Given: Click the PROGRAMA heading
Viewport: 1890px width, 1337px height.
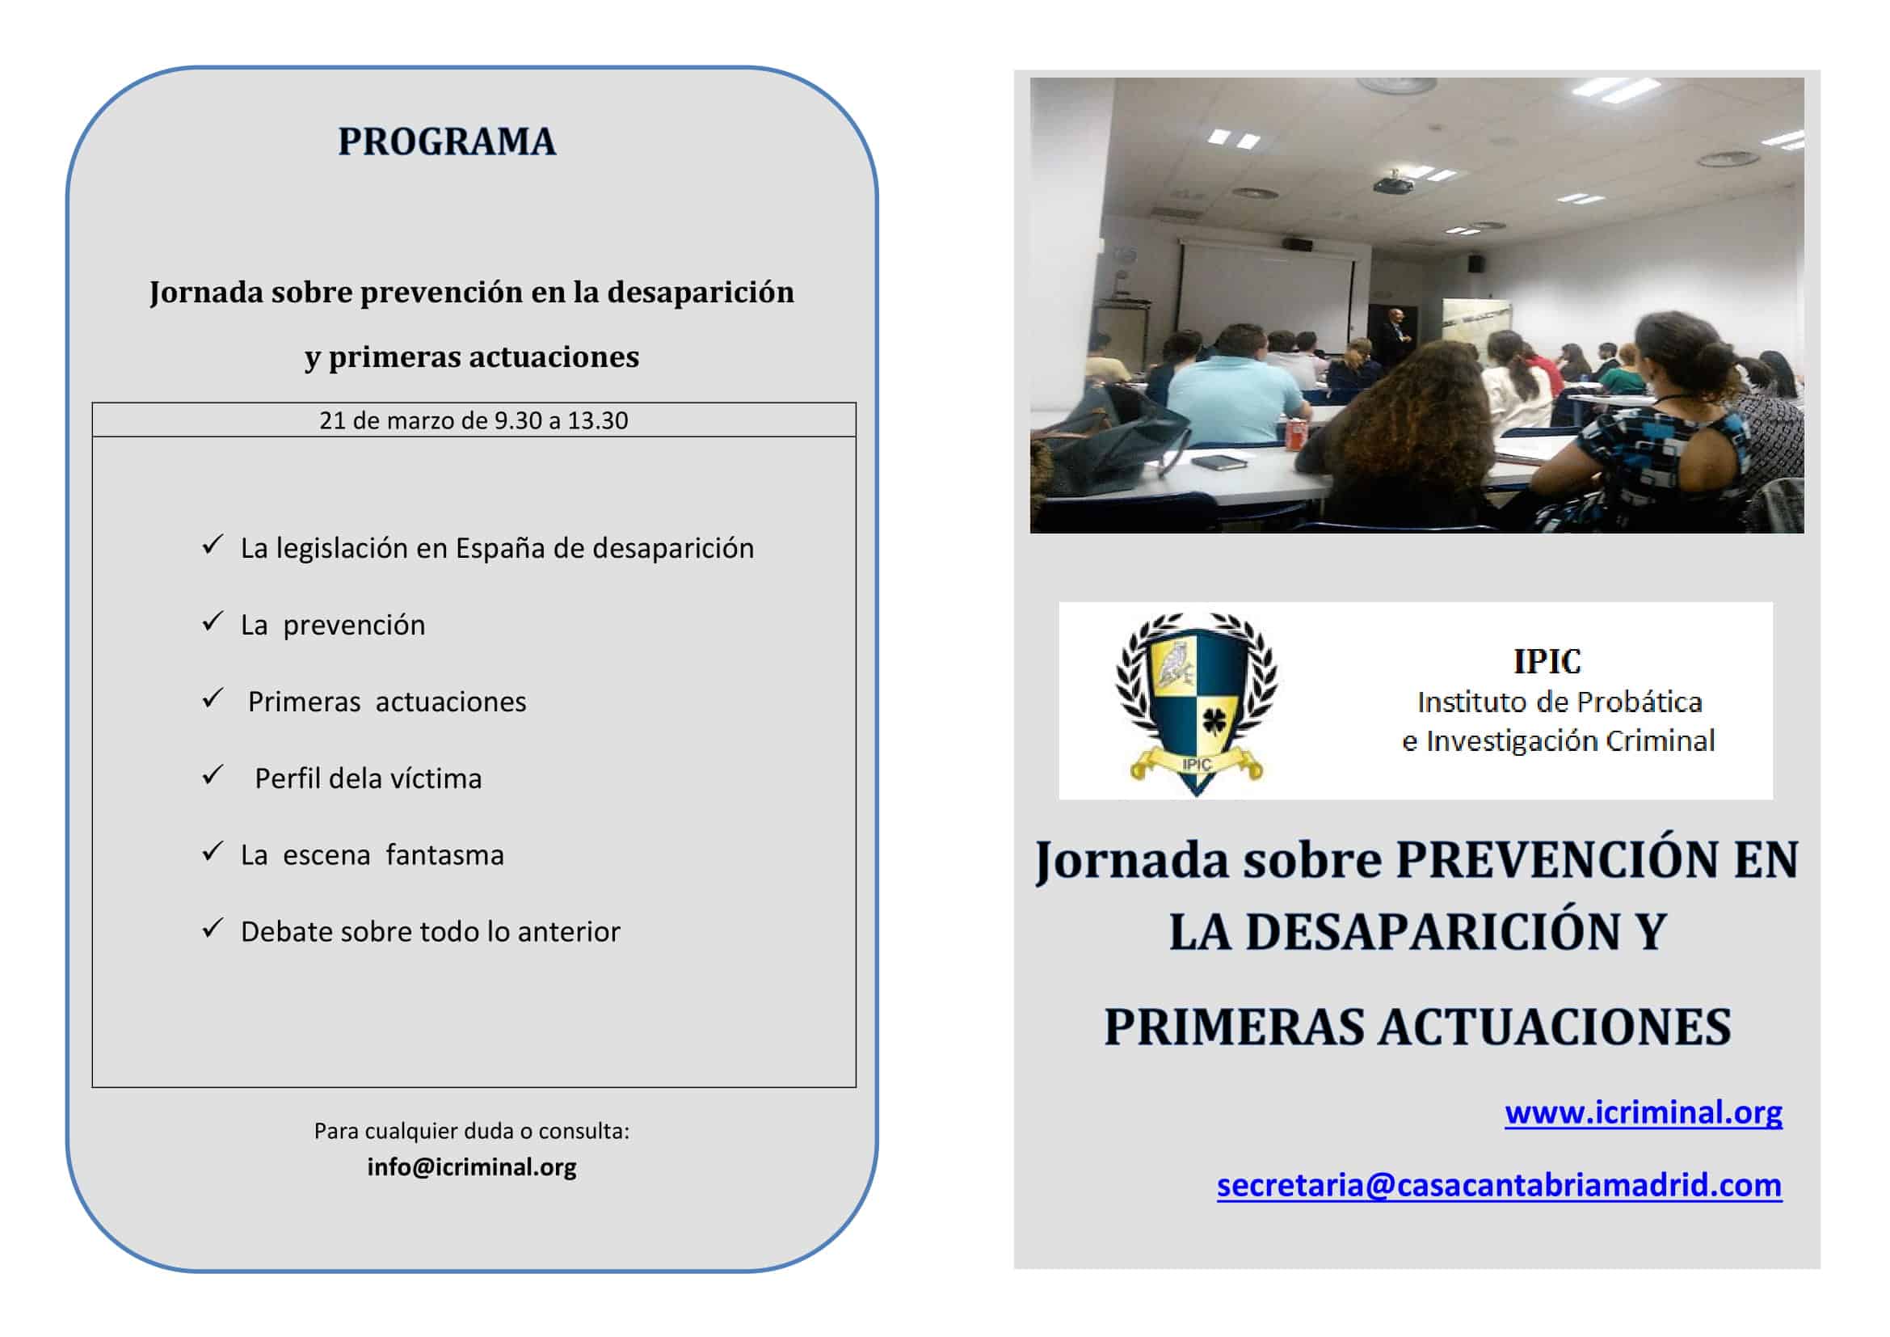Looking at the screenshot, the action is [x=447, y=141].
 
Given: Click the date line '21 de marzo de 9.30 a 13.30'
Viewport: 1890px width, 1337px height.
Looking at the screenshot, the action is [x=474, y=420].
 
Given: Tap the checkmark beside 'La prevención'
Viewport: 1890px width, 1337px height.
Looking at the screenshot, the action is [x=213, y=621].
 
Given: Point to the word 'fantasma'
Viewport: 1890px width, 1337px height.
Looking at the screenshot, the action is [x=444, y=855].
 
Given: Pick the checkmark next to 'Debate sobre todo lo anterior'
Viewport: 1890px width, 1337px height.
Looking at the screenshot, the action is [x=213, y=928].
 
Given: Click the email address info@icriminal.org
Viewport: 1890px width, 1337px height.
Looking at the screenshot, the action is [x=472, y=1166].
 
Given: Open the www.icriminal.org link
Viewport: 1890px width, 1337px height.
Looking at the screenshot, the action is [x=1643, y=1113].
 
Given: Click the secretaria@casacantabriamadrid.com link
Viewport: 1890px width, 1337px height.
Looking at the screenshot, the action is [x=1499, y=1186].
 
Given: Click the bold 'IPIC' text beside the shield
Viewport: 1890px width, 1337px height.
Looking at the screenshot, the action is [x=1547, y=661].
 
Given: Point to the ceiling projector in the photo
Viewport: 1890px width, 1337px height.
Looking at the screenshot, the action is [x=1393, y=183].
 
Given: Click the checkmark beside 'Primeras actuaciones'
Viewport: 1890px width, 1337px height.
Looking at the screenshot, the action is [x=213, y=698].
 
